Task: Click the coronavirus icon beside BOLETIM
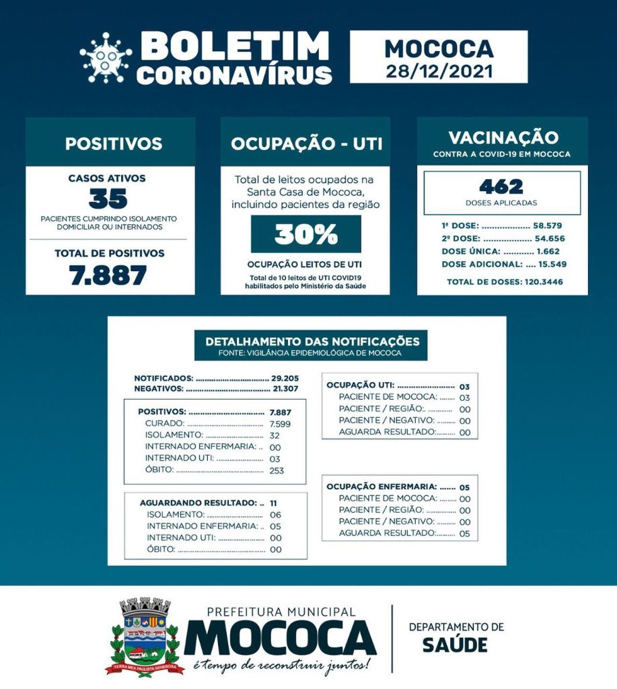106,57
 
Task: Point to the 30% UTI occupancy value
305,234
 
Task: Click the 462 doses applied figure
501,186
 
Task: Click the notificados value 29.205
285,378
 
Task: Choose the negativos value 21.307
285,389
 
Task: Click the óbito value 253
276,470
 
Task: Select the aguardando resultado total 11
273,503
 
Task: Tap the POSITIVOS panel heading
114,143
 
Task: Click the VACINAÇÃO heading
503,138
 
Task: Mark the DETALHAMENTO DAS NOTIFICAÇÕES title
312,341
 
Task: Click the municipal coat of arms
144,635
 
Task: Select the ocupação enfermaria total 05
464,486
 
